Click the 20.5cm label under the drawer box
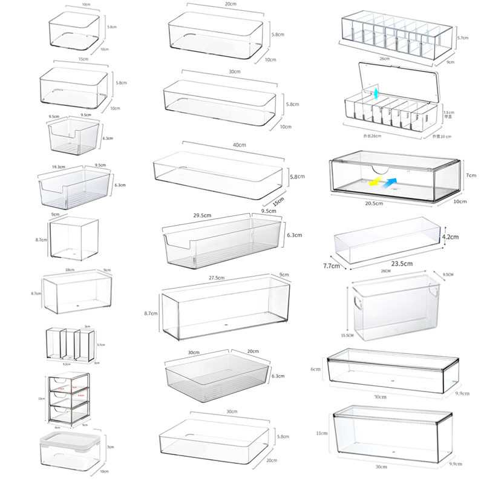[374, 204]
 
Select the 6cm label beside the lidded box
[315, 369]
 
